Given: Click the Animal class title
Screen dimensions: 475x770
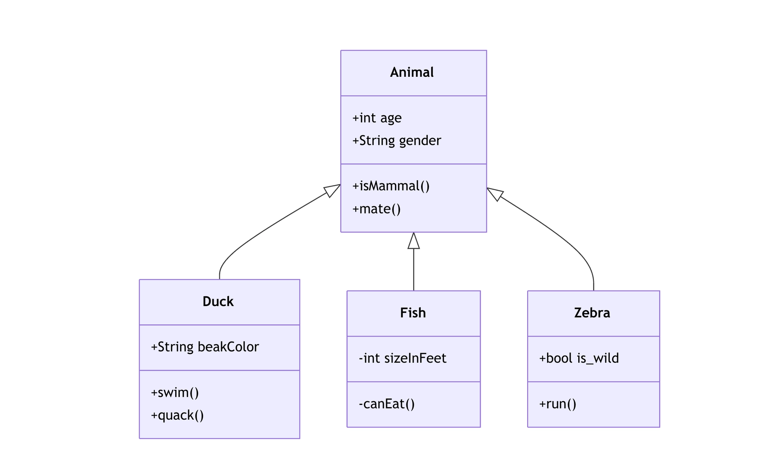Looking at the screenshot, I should (x=412, y=72).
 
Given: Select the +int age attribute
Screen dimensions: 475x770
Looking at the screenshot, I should (x=377, y=118).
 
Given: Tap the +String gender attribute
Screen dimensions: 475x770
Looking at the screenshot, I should (x=396, y=141).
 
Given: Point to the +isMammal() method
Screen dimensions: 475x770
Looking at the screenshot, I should (x=391, y=186).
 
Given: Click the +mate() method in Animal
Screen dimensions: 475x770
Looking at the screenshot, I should (x=376, y=209).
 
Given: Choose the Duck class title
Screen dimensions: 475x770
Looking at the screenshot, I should (x=218, y=301).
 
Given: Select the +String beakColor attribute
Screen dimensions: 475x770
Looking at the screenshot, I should (x=205, y=347).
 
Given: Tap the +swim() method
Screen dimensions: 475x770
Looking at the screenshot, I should (x=174, y=393).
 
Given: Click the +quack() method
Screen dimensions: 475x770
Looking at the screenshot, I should (x=177, y=415).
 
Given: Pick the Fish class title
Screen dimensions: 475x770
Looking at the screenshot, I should (x=413, y=313).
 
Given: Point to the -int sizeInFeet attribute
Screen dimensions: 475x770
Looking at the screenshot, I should (x=402, y=358).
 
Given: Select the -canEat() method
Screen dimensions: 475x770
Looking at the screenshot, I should (x=387, y=404).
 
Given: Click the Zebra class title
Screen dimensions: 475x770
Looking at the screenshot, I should (x=592, y=313).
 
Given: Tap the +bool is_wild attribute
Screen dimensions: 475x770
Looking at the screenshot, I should (x=579, y=358).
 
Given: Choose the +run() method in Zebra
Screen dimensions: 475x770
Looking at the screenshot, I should (x=558, y=404).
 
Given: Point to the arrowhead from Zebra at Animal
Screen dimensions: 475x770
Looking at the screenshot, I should (x=495, y=193).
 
